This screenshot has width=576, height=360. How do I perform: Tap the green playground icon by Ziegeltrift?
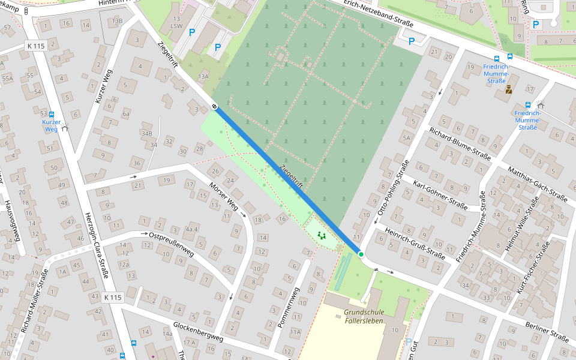click(321, 236)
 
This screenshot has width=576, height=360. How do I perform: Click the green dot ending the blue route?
click(361, 255)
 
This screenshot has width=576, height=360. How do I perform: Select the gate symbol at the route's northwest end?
click(214, 106)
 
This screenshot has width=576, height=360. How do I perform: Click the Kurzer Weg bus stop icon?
click(52, 114)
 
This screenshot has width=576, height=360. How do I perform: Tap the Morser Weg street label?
click(224, 197)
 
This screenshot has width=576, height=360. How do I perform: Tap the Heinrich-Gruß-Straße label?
click(415, 243)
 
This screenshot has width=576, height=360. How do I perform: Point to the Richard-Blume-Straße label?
click(460, 145)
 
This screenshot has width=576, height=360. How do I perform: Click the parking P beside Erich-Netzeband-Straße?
click(411, 41)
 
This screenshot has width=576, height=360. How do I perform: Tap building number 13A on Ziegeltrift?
click(204, 76)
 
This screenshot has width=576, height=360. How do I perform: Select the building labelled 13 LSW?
click(176, 23)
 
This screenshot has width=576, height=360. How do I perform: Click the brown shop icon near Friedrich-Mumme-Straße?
click(508, 91)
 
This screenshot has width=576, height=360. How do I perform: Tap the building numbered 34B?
click(147, 133)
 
